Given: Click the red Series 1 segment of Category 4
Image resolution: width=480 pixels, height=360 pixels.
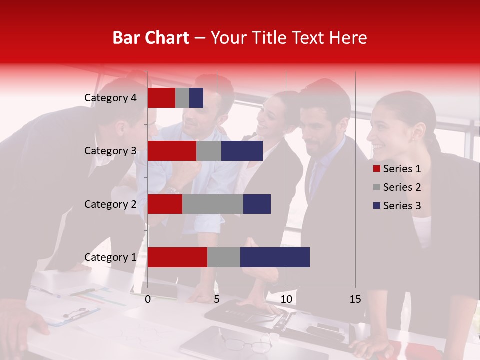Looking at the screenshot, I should (161, 98).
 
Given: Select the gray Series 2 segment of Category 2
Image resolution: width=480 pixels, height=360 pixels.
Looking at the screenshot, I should (213, 204).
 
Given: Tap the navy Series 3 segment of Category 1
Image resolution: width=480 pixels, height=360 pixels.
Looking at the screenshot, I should (275, 257).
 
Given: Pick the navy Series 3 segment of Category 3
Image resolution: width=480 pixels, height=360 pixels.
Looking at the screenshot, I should (242, 151).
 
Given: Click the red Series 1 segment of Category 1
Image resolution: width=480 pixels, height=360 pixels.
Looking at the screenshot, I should (177, 257).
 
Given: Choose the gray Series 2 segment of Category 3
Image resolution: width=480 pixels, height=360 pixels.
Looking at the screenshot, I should (209, 151).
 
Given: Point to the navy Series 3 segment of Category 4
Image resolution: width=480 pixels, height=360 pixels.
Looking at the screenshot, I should (196, 98).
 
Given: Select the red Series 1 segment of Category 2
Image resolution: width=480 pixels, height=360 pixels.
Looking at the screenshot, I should (165, 204).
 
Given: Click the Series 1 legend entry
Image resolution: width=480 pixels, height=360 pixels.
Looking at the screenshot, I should (397, 169).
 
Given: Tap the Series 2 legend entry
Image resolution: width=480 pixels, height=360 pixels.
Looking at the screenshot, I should (397, 187).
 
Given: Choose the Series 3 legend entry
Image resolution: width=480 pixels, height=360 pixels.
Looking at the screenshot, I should (397, 206).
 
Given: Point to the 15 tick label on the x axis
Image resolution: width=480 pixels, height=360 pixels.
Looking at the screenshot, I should (355, 299).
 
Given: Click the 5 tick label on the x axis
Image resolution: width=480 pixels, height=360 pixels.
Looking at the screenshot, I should (217, 299).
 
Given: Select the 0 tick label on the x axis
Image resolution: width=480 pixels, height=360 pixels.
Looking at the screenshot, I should (148, 299).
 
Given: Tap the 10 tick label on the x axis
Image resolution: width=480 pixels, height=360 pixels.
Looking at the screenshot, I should (286, 299).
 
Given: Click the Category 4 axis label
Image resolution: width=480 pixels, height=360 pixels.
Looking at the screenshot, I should (110, 98).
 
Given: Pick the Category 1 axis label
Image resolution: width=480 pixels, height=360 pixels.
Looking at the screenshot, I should (110, 257).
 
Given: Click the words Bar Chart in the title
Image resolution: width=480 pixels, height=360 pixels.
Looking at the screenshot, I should (151, 37).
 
